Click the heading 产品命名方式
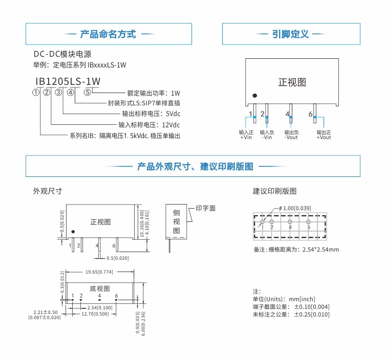108,34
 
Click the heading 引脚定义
290,34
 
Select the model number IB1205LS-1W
68,81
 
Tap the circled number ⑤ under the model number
88,93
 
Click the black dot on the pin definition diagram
254,95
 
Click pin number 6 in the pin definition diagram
310,114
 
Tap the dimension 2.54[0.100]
100,307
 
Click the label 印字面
205,208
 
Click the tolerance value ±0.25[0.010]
312,314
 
